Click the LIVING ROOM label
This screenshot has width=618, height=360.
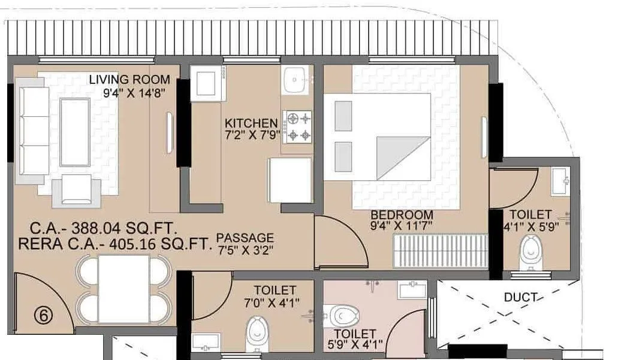click(129, 80)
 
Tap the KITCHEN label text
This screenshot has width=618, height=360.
click(251, 123)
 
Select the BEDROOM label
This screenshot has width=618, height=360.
click(402, 215)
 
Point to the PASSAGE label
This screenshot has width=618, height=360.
click(245, 238)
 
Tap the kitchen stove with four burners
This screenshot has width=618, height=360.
click(297, 126)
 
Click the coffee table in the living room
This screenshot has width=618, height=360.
click(75, 132)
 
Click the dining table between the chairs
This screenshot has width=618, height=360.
click(123, 289)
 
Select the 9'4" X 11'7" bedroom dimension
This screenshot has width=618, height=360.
click(402, 226)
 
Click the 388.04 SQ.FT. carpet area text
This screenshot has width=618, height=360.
click(114, 228)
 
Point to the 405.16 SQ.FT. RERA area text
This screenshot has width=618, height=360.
click(114, 244)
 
